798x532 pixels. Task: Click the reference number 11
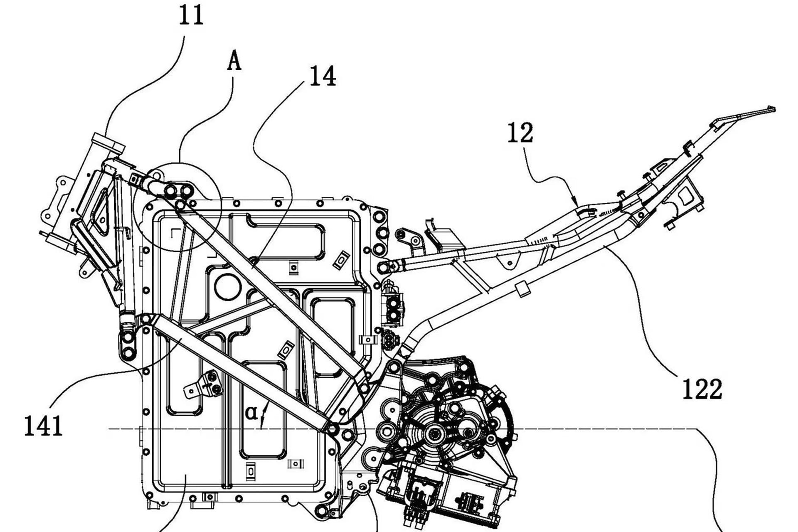pyautogui.click(x=191, y=16)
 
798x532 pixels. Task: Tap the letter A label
pyautogui.click(x=234, y=63)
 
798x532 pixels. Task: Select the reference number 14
pyautogui.click(x=322, y=76)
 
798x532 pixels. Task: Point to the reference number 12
pyautogui.click(x=520, y=133)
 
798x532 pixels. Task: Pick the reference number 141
pyautogui.click(x=43, y=426)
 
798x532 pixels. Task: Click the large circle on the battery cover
pyautogui.click(x=227, y=286)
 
